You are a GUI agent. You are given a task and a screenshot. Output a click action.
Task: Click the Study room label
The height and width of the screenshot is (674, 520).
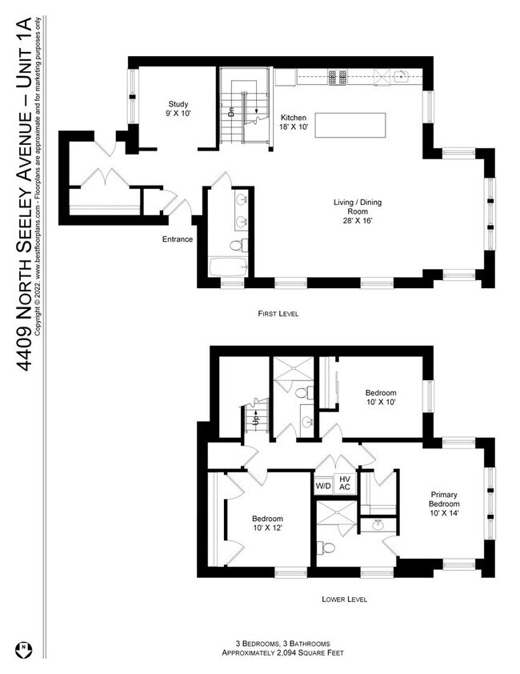click(178, 109)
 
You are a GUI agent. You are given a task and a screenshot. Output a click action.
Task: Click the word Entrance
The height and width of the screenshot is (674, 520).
click(177, 239)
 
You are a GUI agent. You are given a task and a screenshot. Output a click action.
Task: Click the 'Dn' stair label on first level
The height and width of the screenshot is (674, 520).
click(230, 113)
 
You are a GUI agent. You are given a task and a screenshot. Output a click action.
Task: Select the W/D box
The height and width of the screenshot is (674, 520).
click(323, 485)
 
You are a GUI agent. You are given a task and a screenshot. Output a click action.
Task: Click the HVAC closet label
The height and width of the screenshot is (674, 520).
click(345, 483)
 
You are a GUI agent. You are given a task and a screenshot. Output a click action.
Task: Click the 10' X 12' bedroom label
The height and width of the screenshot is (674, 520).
click(268, 524)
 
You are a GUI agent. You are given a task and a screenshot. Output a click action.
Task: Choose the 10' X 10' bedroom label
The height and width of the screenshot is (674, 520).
click(381, 399)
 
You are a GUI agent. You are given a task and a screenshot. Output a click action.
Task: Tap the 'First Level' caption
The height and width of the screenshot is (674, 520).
click(278, 314)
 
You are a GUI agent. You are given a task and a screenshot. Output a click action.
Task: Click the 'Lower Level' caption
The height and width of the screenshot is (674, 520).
click(345, 599)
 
